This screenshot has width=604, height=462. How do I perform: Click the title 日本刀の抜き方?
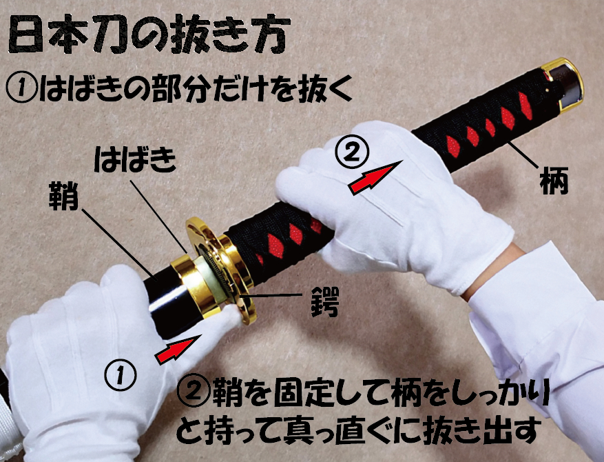(x=149, y=34)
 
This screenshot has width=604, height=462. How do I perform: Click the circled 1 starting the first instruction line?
(x=19, y=88)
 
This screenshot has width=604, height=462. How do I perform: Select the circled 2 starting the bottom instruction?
(x=190, y=395)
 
